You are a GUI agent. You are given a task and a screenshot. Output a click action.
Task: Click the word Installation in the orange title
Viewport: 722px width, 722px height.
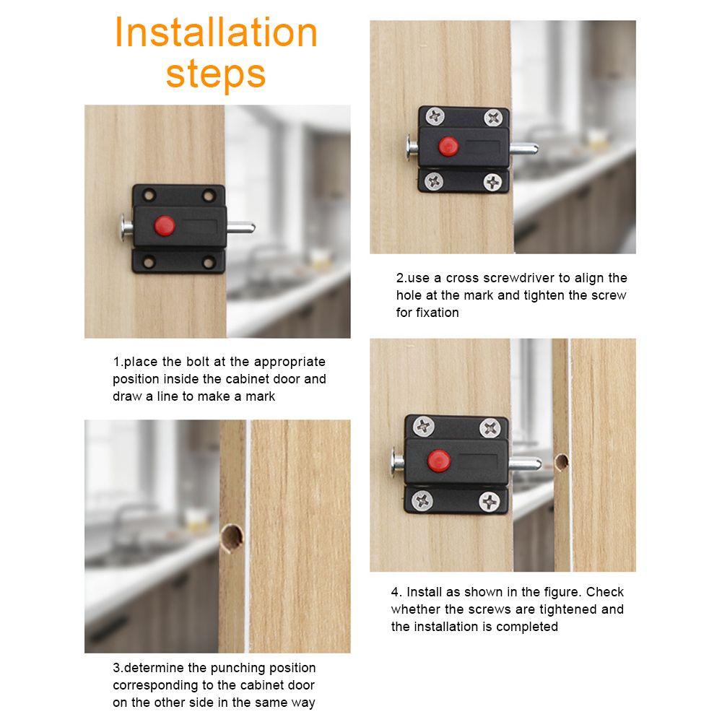point(216,32)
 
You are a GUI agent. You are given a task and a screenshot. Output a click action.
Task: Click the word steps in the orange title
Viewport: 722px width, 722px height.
point(216,74)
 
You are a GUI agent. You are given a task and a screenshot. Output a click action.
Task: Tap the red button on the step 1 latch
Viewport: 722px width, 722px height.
point(165,225)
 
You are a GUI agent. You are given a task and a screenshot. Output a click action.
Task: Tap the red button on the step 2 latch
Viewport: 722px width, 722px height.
point(448,147)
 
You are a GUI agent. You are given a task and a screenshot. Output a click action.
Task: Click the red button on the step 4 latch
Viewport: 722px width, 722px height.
point(438,461)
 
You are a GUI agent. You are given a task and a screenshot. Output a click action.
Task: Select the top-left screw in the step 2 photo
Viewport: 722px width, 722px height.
point(435,116)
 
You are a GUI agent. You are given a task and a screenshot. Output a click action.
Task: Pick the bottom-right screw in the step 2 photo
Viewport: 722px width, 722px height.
point(492,183)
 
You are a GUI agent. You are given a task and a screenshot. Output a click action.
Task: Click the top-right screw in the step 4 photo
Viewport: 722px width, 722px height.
point(490,429)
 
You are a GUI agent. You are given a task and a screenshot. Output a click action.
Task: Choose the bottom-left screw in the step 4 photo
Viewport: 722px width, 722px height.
point(422,500)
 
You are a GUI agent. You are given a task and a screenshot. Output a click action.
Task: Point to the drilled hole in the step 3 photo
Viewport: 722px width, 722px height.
point(231,538)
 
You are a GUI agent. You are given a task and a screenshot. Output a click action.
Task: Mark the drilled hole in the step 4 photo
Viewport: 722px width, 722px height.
point(561,462)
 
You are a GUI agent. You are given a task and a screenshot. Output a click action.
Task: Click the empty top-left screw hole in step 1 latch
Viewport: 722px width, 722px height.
point(149,195)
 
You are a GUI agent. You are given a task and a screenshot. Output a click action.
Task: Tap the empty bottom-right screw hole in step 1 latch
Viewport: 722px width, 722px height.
point(209,264)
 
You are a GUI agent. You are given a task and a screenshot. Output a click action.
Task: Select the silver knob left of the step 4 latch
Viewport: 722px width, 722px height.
point(397,461)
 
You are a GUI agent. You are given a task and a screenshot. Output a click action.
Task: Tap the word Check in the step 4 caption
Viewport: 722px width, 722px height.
point(604,592)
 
